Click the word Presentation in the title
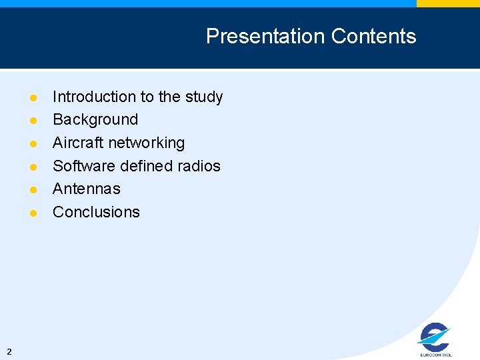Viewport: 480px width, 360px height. coord(265,36)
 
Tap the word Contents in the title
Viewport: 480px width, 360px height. coord(373,36)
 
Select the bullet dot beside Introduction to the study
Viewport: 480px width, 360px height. coord(33,98)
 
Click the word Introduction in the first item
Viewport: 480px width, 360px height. coord(94,97)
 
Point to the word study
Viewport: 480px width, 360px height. coord(204,97)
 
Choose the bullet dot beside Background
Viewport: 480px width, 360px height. coord(33,121)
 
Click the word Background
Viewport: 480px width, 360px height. coord(95,120)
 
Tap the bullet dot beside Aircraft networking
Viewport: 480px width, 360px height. coord(33,144)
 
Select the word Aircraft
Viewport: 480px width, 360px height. coord(78,143)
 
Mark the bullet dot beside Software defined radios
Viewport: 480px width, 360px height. coord(33,167)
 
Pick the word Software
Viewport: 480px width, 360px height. coord(84,166)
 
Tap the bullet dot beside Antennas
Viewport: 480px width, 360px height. coord(33,190)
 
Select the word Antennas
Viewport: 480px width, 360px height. coord(87,189)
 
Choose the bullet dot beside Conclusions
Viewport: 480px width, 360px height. coord(33,213)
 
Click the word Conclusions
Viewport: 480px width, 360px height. coord(96,212)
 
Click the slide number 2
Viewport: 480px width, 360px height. coord(9,351)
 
